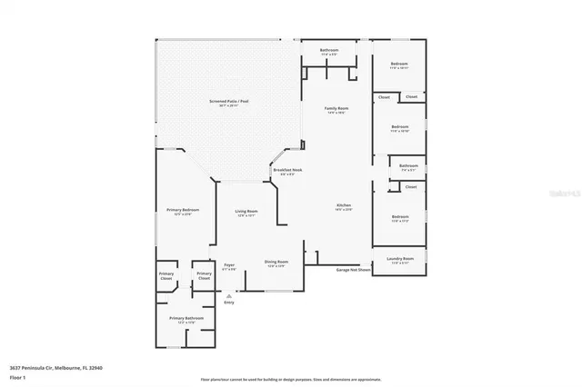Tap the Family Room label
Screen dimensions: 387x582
(337, 110)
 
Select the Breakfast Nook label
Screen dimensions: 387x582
(287, 172)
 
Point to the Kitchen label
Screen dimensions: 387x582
(342, 207)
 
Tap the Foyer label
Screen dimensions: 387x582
(229, 267)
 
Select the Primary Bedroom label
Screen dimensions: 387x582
(183, 212)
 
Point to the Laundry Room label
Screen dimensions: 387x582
(399, 262)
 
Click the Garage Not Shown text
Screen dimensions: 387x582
(353, 270)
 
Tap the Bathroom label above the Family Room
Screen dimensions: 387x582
(329, 52)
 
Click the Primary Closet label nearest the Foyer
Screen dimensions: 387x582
(204, 275)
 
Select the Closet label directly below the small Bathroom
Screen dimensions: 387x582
(411, 187)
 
